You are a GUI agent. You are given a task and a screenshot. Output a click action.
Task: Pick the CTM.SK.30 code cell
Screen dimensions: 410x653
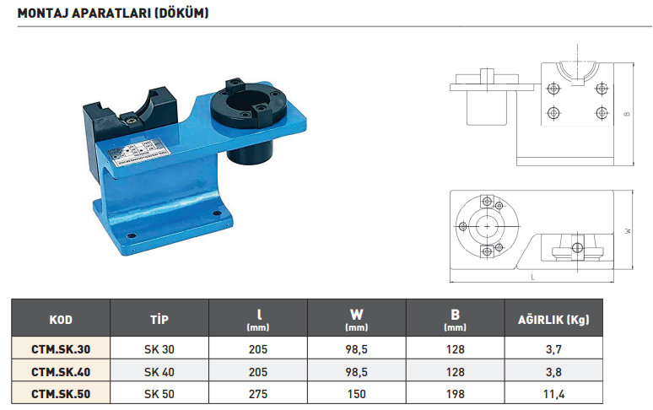pos(61,348)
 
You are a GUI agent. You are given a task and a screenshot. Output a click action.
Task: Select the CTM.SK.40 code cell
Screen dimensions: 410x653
pos(61,371)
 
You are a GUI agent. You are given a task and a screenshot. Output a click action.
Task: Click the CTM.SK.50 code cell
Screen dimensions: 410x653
pos(61,394)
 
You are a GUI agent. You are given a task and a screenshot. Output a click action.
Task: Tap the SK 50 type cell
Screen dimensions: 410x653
pos(159,394)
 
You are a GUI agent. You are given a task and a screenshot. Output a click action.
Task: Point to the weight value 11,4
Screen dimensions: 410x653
pos(553,394)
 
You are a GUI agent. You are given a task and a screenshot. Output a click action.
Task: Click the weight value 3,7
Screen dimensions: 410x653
pos(553,348)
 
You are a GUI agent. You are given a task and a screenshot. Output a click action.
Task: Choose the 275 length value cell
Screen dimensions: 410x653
pos(257,394)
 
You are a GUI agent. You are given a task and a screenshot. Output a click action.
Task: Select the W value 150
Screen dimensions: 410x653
pos(357,394)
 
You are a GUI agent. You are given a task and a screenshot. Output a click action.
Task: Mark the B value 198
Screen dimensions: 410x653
pos(454,394)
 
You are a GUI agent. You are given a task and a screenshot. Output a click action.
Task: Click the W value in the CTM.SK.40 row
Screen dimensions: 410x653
pos(357,371)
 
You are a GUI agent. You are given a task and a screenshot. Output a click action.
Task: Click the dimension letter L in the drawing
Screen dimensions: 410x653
pos(534,276)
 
